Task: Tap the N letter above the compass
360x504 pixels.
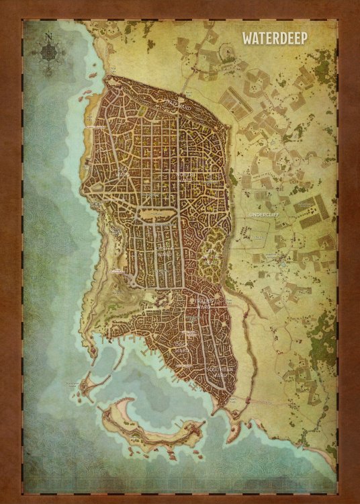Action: (x=49, y=37)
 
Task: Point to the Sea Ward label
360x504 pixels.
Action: (x=123, y=173)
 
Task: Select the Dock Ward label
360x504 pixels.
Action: (x=181, y=347)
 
